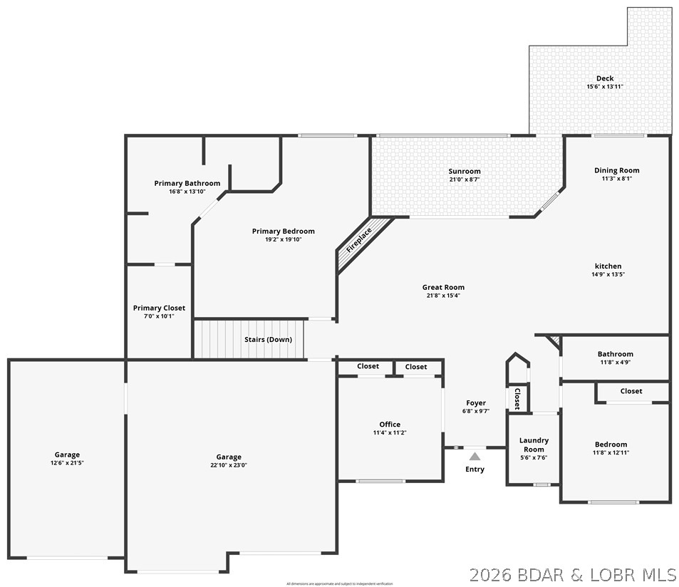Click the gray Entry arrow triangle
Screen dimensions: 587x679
[475, 456]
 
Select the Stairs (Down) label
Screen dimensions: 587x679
[268, 340]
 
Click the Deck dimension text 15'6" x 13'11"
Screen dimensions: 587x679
[605, 87]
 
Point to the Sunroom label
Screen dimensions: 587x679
[465, 171]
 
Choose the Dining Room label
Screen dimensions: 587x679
[617, 170]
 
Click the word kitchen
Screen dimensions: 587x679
[608, 266]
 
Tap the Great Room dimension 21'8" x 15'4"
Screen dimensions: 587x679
[443, 296]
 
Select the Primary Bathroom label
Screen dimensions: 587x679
[187, 183]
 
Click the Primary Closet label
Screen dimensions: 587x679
[159, 308]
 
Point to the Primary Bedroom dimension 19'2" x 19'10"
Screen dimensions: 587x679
[284, 239]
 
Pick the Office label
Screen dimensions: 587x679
[390, 424]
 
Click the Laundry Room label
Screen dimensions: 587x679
[534, 445]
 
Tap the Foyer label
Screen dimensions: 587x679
[476, 402]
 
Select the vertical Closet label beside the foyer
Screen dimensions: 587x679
[517, 398]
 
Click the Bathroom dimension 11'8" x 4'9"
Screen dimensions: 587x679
[615, 362]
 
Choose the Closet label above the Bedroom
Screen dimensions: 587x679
[631, 391]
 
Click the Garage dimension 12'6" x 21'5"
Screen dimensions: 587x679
[68, 463]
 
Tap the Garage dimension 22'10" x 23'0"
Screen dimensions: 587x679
[229, 465]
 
